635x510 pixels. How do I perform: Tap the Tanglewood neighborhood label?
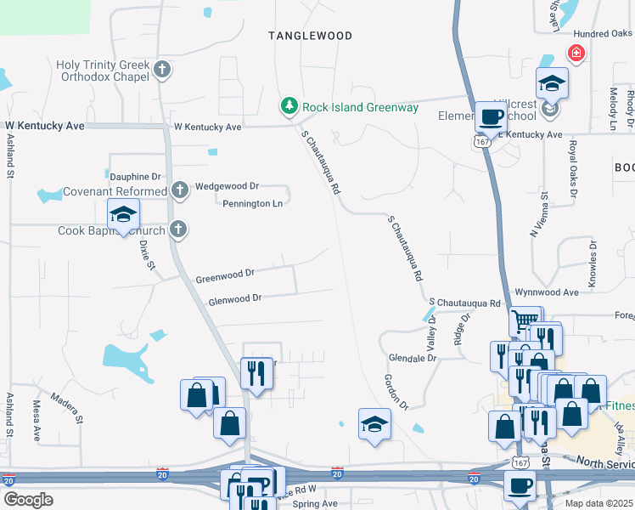(310, 36)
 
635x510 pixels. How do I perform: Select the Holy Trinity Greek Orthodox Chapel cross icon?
(162, 70)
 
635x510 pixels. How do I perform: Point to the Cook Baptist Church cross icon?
(177, 229)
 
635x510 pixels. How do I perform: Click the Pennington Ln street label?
(252, 203)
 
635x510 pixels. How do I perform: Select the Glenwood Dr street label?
(234, 298)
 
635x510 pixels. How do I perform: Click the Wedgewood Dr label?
(227, 185)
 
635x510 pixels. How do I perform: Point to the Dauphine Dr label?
(135, 176)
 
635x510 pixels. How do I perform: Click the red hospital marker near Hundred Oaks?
(576, 54)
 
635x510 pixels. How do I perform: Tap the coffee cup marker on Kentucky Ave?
(489, 117)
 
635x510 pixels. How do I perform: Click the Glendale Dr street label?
(412, 358)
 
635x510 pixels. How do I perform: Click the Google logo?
(28, 499)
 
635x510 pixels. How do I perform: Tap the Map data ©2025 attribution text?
(598, 503)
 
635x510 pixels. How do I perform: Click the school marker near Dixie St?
(123, 215)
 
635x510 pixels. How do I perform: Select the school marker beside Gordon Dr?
(374, 424)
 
